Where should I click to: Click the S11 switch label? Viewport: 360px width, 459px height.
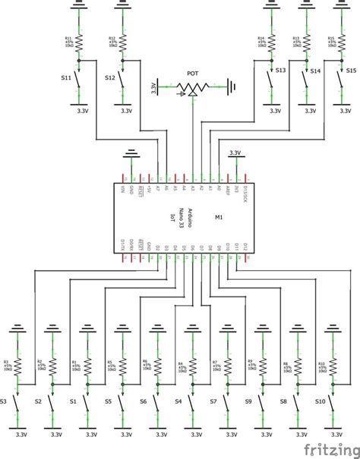[66, 77]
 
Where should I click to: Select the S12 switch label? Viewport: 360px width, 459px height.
[111, 77]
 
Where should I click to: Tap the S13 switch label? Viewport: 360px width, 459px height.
[280, 71]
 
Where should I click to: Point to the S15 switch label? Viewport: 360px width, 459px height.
[351, 71]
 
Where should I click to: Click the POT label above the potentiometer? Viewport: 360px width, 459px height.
[193, 74]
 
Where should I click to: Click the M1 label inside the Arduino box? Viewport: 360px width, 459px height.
[219, 217]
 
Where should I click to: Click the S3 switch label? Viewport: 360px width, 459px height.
[5, 400]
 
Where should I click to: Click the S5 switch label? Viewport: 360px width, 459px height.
[108, 400]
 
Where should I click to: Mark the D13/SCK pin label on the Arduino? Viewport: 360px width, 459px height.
[245, 193]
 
